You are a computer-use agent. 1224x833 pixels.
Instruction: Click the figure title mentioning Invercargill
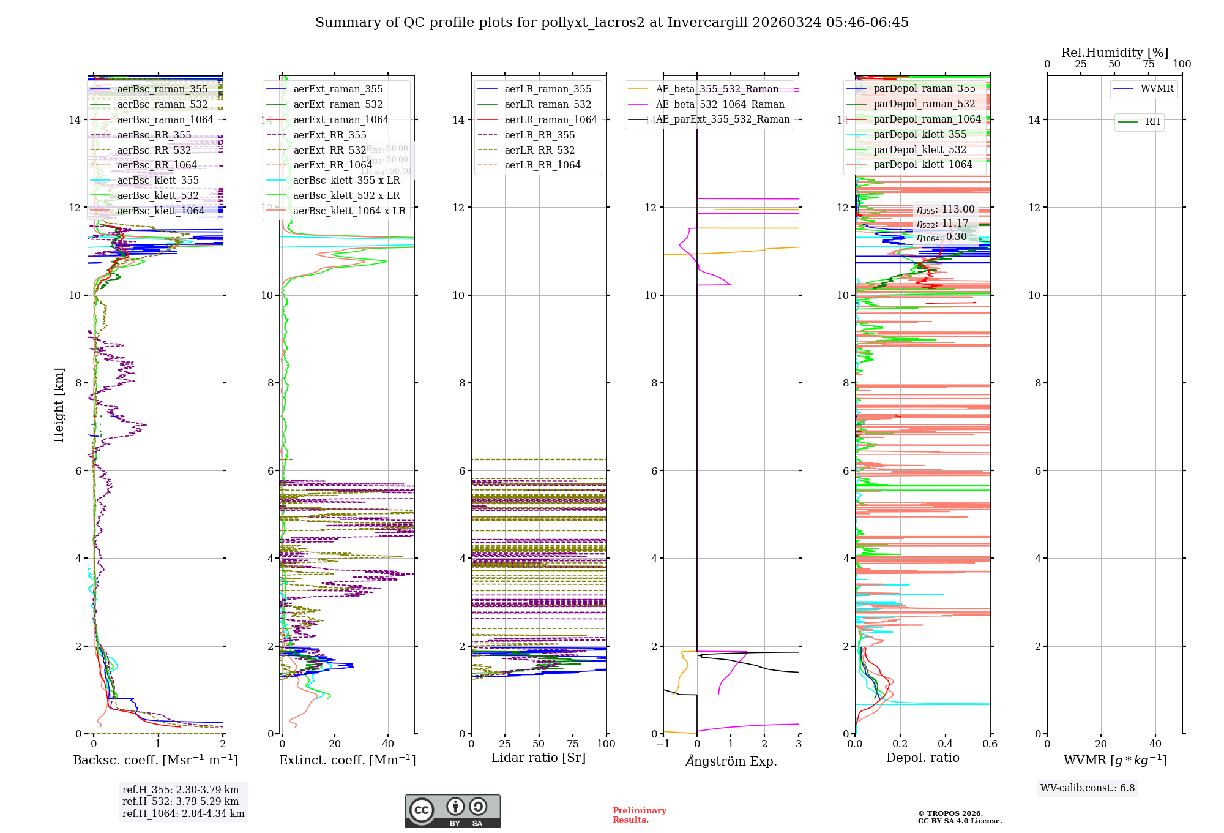pos(611,23)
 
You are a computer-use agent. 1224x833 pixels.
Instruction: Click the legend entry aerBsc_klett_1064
pos(160,211)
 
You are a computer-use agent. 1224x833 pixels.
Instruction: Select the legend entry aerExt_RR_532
pos(329,150)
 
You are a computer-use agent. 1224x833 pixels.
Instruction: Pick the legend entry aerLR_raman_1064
pos(550,119)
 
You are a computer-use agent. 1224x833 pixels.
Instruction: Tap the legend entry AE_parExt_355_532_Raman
pos(722,119)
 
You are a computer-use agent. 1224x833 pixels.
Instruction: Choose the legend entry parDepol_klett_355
pos(920,134)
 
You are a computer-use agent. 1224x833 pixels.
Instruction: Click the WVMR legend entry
pos(1156,89)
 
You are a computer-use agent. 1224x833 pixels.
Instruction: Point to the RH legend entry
pos(1152,122)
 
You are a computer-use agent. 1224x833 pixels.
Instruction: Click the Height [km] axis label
pos(59,404)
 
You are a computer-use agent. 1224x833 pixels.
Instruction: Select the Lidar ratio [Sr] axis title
pos(539,758)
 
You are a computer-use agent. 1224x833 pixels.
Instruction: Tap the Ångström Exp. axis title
pos(731,761)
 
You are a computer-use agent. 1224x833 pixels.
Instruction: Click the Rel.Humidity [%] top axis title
pos(1114,53)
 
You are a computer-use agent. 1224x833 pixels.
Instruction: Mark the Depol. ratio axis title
pos(922,758)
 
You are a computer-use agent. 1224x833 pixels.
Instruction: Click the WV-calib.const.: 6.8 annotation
pos(1088,788)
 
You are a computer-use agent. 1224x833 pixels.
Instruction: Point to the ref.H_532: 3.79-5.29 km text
pos(181,801)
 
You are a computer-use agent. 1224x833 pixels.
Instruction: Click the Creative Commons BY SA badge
pos(452,811)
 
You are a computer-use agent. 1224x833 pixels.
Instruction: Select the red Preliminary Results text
pos(639,815)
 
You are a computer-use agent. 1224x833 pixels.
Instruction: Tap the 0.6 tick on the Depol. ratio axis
pos(990,744)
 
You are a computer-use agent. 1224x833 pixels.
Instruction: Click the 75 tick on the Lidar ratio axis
pos(573,744)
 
